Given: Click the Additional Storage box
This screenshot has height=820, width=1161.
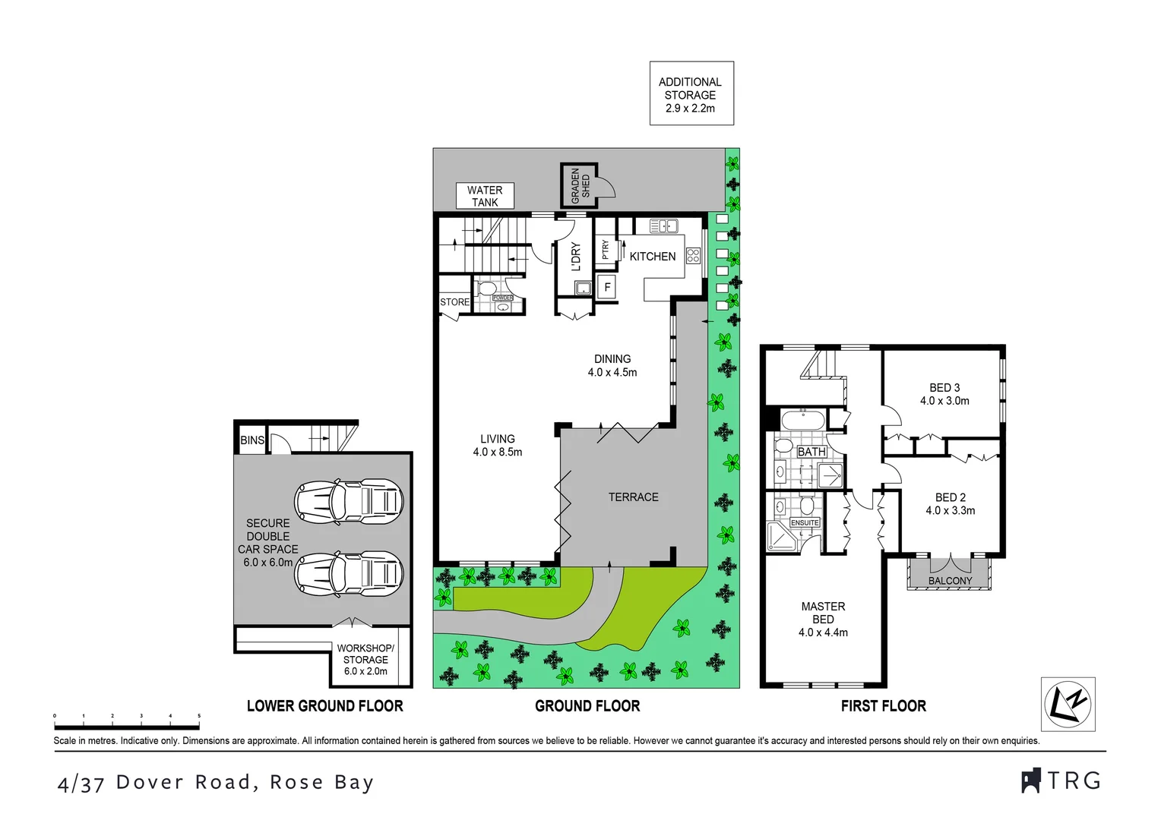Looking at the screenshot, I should (691, 94).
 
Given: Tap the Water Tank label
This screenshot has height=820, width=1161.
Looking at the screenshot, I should (485, 196).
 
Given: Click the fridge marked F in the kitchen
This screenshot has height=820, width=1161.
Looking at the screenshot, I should (607, 288).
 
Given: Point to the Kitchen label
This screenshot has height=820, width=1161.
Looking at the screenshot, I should (652, 257).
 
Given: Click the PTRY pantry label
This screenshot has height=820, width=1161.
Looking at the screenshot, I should (605, 250).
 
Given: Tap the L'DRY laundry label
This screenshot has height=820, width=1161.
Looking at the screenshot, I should (575, 257).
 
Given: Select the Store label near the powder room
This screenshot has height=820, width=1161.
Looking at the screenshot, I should (454, 302).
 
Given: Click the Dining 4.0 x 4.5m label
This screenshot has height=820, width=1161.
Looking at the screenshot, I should (612, 365).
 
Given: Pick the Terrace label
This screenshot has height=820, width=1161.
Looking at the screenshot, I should (633, 497).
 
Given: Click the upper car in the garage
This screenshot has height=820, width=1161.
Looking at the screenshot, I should (349, 501).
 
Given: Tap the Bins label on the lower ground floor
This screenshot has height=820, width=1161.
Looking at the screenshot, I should (252, 440).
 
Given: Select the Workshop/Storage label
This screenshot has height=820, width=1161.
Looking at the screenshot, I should (365, 659).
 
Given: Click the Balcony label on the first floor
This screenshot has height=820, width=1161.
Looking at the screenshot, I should (950, 581).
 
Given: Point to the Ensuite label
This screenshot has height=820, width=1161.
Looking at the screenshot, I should (805, 522).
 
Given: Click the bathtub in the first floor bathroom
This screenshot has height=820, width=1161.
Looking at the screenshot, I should (802, 419).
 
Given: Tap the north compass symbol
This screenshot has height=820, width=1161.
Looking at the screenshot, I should (1068, 704).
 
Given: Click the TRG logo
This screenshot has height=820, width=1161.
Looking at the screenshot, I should (1061, 781).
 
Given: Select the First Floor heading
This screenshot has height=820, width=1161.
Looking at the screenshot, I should (883, 706).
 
